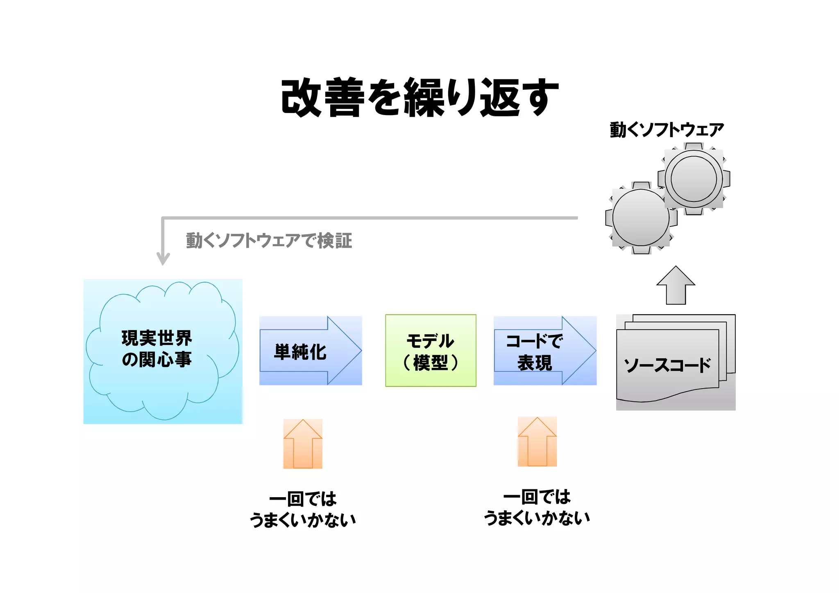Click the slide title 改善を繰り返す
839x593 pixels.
pyautogui.click(x=419, y=97)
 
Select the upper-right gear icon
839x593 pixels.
pyautogui.click(x=694, y=179)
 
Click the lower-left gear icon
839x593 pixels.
pyautogui.click(x=641, y=218)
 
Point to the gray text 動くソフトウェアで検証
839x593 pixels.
pyautogui.click(x=269, y=241)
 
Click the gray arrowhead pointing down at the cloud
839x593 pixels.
pyautogui.click(x=163, y=259)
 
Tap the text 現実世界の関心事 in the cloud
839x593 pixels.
pyautogui.click(x=157, y=349)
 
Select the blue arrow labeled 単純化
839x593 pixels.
pyautogui.click(x=310, y=351)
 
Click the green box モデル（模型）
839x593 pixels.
pyautogui.click(x=431, y=351)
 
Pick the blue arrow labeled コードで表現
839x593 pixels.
pyautogui.click(x=544, y=351)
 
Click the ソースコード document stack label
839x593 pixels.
pyautogui.click(x=667, y=365)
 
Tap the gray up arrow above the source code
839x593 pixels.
pyautogui.click(x=676, y=285)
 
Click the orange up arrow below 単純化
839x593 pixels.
pyautogui.click(x=303, y=444)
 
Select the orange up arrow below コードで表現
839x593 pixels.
pyautogui.click(x=537, y=442)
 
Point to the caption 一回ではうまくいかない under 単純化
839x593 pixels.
pyautogui.click(x=303, y=509)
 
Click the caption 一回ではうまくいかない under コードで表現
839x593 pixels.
pyautogui.click(x=537, y=507)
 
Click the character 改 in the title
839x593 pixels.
pyautogui.click(x=301, y=97)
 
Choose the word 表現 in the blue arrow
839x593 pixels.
pyautogui.click(x=535, y=363)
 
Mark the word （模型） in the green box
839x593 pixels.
pyautogui.click(x=431, y=363)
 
